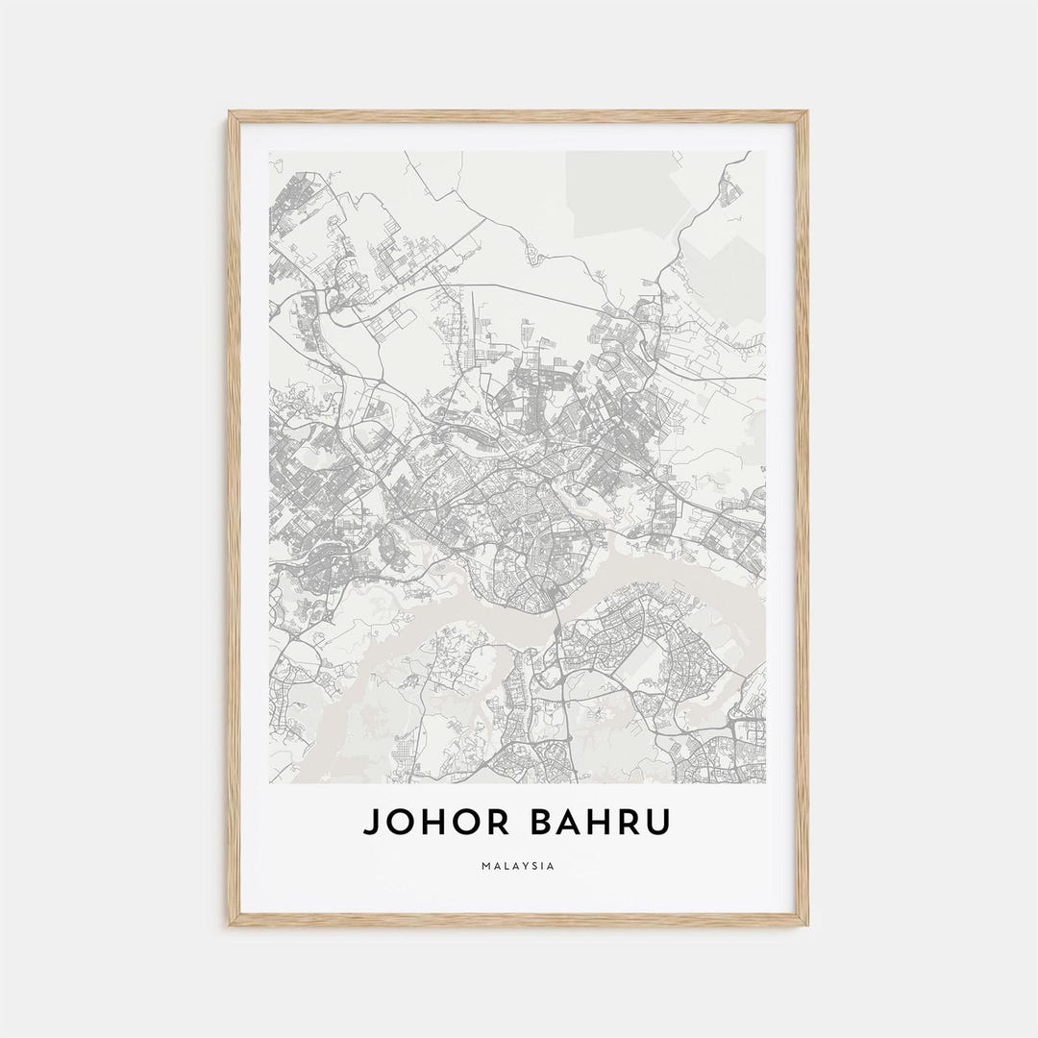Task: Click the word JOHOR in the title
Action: coord(430,823)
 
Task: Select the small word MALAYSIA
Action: coord(518,866)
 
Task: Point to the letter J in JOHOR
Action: coord(370,823)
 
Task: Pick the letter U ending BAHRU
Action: coord(658,823)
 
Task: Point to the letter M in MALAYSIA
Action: coord(486,866)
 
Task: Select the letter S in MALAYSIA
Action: coord(535,866)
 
